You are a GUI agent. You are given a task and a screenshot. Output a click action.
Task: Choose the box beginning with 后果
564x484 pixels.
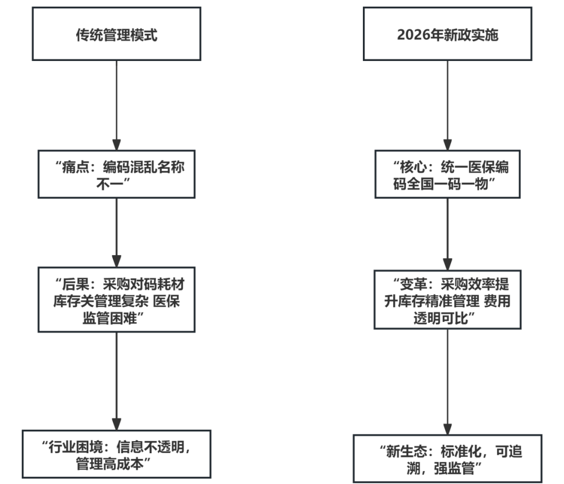[116, 299]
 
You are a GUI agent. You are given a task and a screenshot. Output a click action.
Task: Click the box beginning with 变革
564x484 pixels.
[448, 299]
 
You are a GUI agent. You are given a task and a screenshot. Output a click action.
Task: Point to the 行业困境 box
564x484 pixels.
[116, 454]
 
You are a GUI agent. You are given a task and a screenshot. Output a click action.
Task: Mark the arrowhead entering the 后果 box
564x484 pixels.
[116, 260]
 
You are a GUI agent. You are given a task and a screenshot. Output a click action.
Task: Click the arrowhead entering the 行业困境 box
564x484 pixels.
[116, 423]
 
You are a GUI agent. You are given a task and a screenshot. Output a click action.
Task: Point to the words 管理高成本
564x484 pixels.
[110, 463]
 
